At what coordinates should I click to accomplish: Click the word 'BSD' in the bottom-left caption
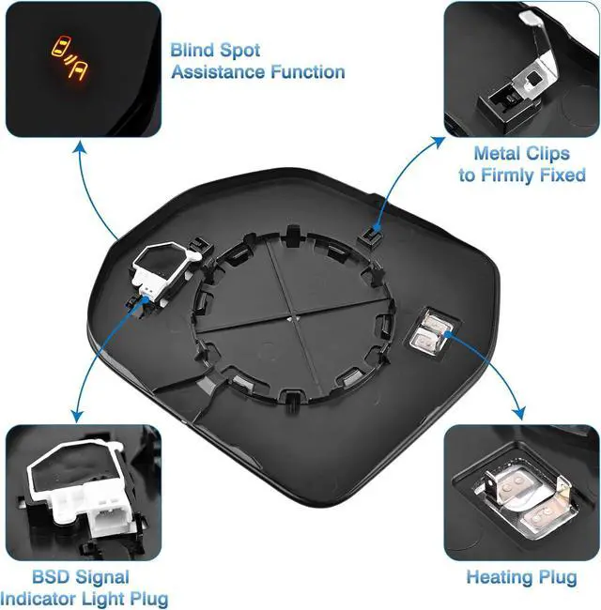tap(54, 576)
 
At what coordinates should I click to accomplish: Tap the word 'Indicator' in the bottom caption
tap(48, 598)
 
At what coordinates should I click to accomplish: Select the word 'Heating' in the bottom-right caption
tap(502, 577)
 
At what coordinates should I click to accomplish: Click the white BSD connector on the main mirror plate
tap(161, 267)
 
